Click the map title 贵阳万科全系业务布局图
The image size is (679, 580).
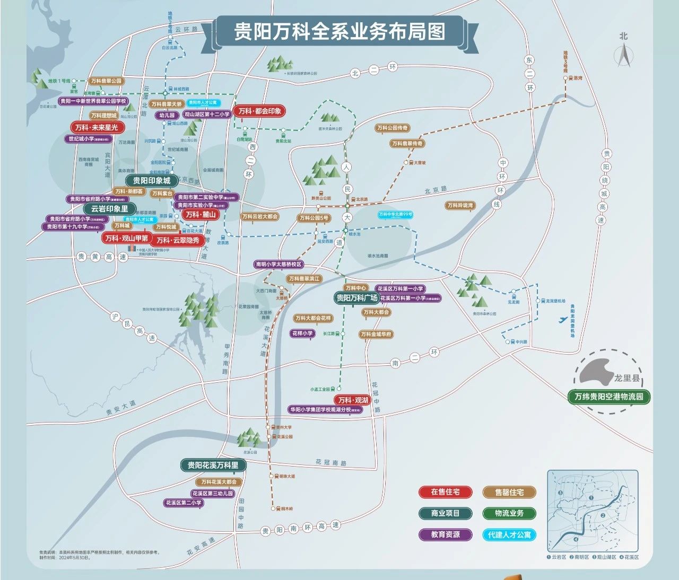click(x=340, y=31)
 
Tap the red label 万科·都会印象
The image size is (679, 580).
click(x=259, y=111)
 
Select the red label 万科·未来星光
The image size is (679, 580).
click(x=97, y=127)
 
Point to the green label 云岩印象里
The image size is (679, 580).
click(x=109, y=209)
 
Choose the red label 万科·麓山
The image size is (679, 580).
click(x=201, y=215)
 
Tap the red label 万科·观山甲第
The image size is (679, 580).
click(x=127, y=239)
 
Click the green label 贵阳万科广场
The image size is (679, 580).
click(x=356, y=298)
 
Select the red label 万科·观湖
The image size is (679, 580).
click(x=353, y=400)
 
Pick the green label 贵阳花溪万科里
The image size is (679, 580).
click(x=213, y=465)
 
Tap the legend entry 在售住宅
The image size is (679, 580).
click(x=445, y=492)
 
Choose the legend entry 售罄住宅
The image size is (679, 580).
click(x=509, y=493)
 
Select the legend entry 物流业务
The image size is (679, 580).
click(x=509, y=513)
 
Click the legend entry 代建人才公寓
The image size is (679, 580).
click(x=509, y=535)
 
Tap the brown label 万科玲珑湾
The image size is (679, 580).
click(x=460, y=206)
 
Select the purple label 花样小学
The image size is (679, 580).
click(x=302, y=333)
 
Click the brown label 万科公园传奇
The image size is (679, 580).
click(x=393, y=128)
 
